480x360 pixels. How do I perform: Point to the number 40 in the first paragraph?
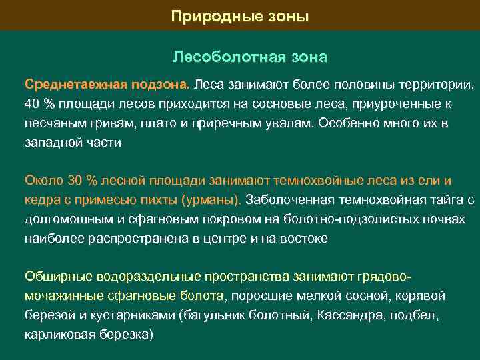pos(32,105)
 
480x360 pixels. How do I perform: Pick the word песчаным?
pos(51,123)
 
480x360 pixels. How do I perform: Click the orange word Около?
pos(43,181)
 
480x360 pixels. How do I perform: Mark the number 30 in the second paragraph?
pos(75,181)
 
